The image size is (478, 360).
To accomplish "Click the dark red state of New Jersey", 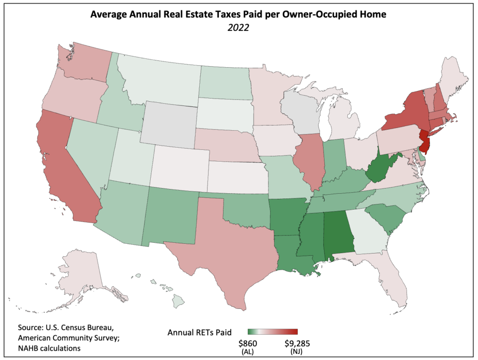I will coord(424,141).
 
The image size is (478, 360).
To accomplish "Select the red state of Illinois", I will coord(309,159).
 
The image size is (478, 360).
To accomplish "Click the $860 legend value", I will coord(247,343).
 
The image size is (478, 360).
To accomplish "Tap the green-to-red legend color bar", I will coord(273,332).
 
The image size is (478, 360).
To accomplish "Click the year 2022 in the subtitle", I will coord(239,27).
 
